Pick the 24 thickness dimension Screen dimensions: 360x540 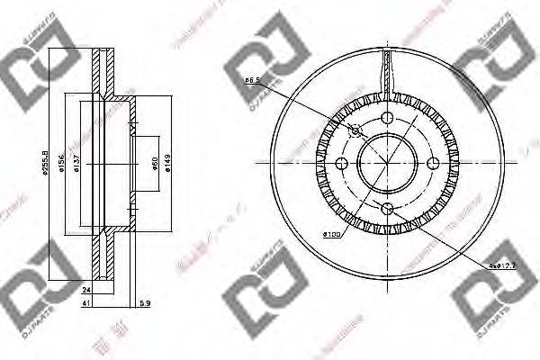tap(86, 292)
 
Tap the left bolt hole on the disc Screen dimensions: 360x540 tap(343, 163)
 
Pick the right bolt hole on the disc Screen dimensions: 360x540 tap(433, 163)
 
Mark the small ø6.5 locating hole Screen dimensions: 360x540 tap(355, 130)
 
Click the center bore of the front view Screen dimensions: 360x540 tap(388, 163)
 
